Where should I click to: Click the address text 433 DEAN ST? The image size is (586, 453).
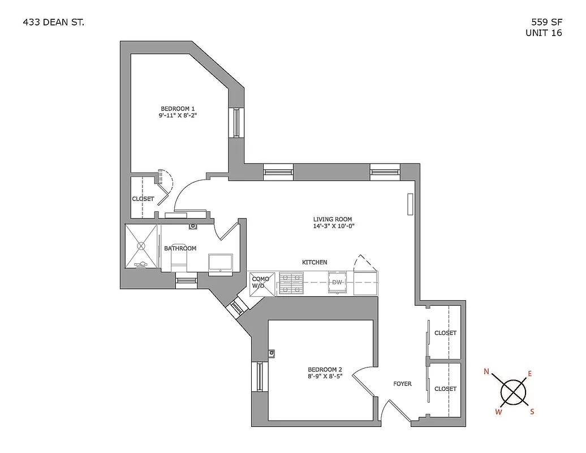54,23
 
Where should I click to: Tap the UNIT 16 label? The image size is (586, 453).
544,33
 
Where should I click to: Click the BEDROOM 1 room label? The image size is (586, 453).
178,109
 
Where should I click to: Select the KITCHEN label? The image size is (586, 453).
314,262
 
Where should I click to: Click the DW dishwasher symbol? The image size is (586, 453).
337,282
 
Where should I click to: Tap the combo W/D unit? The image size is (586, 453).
262,283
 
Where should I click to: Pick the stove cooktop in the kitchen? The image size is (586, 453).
291,283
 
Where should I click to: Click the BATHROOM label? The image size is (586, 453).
180,249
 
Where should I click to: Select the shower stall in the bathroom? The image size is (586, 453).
141,247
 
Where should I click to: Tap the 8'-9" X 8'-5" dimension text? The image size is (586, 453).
325,375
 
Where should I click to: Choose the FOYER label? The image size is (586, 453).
402,384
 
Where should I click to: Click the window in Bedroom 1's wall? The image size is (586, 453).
236,122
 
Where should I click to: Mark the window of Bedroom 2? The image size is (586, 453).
260,376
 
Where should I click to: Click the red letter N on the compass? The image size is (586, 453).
486,372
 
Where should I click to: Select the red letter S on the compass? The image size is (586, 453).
532,412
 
